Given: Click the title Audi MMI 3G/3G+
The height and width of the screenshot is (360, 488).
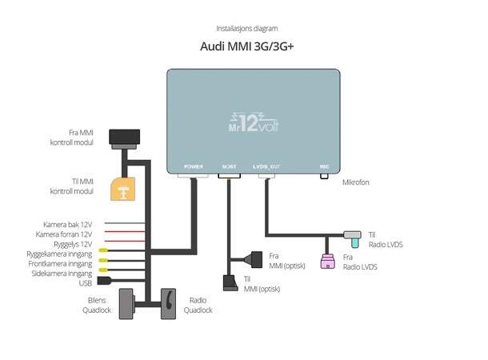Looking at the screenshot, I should (246, 46).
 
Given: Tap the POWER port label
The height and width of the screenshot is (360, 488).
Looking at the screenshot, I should (194, 166).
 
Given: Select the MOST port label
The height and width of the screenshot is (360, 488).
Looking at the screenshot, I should (230, 166).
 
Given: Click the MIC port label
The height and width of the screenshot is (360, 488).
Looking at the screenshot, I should (324, 166).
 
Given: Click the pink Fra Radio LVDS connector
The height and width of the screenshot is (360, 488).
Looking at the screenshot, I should (326, 260).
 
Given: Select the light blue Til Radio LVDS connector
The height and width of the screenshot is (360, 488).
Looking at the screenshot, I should (353, 235).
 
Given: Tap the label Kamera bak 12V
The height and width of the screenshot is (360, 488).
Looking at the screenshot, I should (68, 224).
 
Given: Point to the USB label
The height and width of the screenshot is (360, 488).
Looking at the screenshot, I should (86, 282).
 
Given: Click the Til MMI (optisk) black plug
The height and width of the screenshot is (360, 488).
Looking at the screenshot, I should (226, 282).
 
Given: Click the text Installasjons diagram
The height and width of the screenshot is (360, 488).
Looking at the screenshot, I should (246, 29).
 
